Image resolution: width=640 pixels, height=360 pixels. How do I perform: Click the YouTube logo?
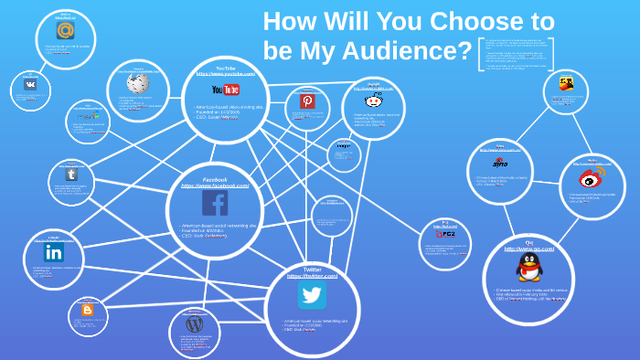225,90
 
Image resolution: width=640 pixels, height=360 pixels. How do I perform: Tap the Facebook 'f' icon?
215,203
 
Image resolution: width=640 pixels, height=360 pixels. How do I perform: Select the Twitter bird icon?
312,294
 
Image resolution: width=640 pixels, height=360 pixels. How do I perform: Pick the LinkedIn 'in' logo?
54,251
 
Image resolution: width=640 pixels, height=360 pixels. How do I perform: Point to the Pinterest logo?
307,101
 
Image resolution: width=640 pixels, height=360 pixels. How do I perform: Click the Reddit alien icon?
373,101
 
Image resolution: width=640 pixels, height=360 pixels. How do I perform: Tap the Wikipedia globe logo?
138,83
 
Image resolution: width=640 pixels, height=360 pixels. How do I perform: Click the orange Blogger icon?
88,311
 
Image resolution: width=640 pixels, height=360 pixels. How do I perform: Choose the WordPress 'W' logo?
194,323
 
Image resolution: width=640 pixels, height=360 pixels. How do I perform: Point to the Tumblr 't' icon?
71,174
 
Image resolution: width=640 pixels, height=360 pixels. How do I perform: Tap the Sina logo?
500,164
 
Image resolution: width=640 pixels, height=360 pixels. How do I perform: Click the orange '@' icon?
65,29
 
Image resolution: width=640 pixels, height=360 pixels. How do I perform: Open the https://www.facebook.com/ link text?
215,185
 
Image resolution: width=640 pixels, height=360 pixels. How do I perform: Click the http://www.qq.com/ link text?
528,249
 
